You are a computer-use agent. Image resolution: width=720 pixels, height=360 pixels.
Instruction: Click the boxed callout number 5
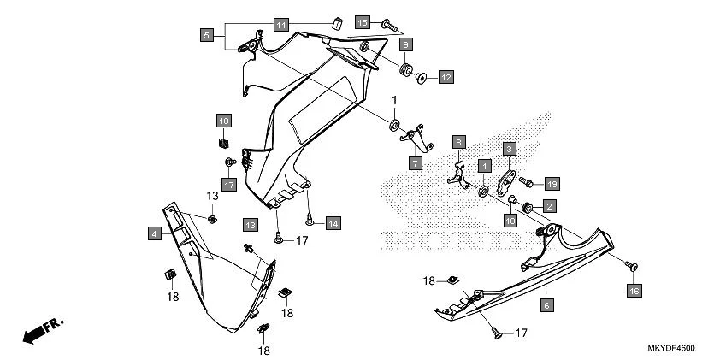point(206,35)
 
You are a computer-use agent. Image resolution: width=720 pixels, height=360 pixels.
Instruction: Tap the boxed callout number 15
point(363,22)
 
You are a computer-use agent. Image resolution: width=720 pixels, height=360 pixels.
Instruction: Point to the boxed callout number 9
point(406,44)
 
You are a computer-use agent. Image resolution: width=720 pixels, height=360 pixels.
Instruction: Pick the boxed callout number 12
point(446,78)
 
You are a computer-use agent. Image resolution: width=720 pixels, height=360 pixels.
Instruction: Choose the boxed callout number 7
point(416,162)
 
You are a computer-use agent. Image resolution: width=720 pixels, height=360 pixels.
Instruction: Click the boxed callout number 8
point(458,142)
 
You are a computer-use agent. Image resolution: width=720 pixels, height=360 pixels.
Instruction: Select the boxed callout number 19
point(552,183)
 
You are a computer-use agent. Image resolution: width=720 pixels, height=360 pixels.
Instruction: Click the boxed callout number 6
point(546,304)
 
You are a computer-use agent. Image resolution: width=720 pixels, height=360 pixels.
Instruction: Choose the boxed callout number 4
point(155,233)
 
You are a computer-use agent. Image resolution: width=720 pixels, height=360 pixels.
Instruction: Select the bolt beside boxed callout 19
point(526,181)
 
